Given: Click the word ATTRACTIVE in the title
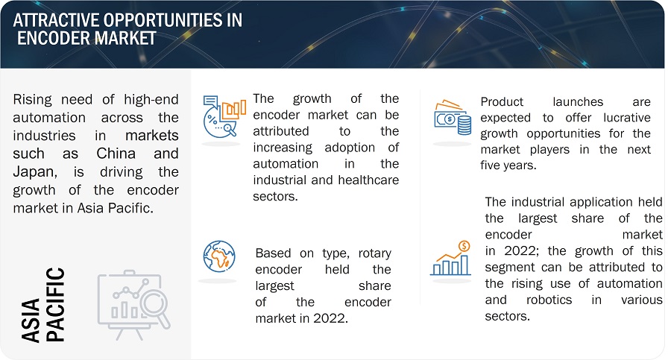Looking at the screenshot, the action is coord(56,20).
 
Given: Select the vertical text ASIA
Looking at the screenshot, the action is coord(31,320).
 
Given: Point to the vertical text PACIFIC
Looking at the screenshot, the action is coord(55,304).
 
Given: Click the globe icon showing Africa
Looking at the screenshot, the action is coord(219,256).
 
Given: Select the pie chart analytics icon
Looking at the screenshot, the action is coord(224,116).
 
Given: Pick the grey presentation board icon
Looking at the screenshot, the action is coord(133,305).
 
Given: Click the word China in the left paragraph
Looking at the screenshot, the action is coord(116,154).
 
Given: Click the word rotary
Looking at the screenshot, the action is coord(374,253).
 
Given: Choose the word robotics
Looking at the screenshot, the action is coord(549,300).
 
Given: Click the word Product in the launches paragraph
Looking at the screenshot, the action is coord(502,102).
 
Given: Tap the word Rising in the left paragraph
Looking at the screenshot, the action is coord(32,100).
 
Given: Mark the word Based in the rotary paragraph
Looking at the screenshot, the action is coord(273,253).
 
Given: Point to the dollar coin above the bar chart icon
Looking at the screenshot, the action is coord(464,246).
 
